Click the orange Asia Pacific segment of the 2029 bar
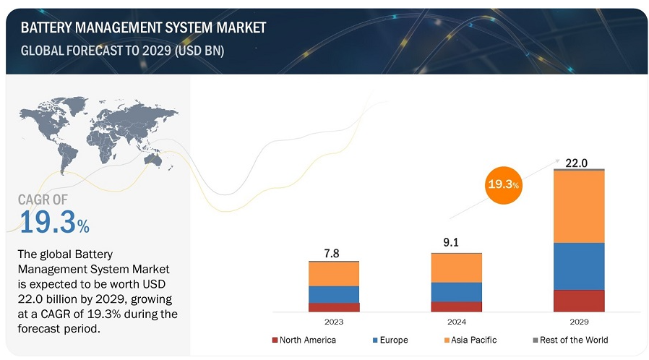[x=578, y=207]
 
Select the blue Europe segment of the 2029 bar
[x=578, y=266]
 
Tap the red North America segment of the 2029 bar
[x=578, y=301]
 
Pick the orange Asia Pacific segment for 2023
[x=334, y=273]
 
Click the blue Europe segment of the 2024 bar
[x=456, y=291]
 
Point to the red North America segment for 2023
[x=334, y=307]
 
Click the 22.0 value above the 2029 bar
[x=578, y=163]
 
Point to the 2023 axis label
[x=334, y=322]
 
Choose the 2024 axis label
[x=456, y=322]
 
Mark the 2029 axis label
[x=578, y=322]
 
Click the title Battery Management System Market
[x=143, y=27]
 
